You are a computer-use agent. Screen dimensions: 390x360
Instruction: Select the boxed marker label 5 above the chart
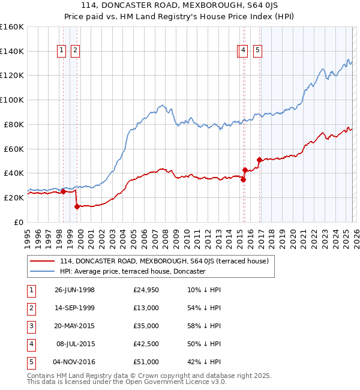coord(257,51)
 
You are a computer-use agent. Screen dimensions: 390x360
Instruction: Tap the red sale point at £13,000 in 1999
coord(77,206)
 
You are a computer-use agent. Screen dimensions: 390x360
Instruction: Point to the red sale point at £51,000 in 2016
coord(259,160)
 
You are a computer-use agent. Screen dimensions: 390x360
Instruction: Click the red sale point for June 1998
coord(64,191)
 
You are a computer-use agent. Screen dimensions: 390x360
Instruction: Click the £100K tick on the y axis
coord(11,100)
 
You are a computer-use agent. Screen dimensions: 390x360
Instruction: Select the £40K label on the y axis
coord(13,173)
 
